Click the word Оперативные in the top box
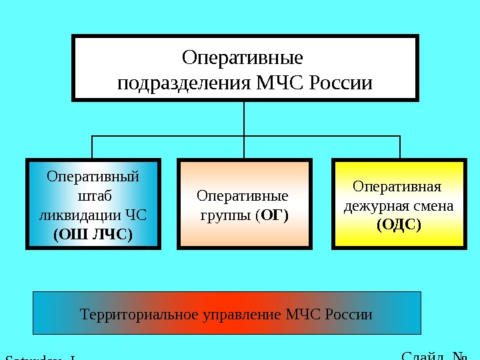pos(243,57)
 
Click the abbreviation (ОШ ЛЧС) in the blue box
pos(93,234)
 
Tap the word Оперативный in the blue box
pos(93,178)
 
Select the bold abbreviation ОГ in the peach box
pos(273,215)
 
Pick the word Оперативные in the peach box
pos(243,197)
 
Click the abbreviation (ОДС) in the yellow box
pos(399,225)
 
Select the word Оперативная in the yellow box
pos(397,187)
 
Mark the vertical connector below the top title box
pos(245,119)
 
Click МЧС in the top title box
pos(283,84)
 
